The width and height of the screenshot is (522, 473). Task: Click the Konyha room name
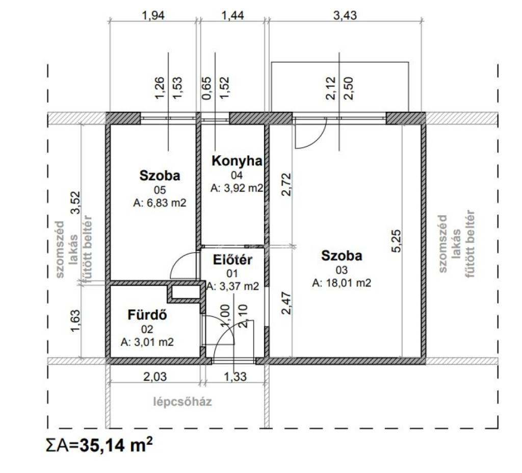click(237, 161)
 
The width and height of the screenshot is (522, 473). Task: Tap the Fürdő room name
click(147, 315)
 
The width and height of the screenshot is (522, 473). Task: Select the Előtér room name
click(232, 260)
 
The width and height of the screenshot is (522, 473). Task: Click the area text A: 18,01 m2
click(342, 283)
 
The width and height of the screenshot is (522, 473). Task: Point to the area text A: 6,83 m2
click(160, 203)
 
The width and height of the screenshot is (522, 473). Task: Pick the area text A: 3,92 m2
click(237, 188)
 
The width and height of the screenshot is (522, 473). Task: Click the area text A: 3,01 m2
click(147, 342)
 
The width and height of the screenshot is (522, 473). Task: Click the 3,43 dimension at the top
click(345, 15)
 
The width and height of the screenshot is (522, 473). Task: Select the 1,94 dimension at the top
click(153, 15)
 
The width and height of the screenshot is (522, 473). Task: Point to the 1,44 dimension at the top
click(232, 15)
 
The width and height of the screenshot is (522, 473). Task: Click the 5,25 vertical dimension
click(397, 241)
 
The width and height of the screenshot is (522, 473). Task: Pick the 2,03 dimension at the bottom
click(155, 377)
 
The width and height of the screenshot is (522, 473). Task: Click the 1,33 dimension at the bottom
click(236, 377)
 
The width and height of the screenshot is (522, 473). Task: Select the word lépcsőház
click(182, 402)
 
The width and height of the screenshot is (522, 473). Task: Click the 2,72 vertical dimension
click(286, 185)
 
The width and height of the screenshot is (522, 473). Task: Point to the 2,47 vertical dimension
click(286, 303)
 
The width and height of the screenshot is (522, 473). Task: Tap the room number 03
click(342, 270)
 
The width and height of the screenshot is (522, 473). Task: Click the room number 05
click(160, 190)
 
